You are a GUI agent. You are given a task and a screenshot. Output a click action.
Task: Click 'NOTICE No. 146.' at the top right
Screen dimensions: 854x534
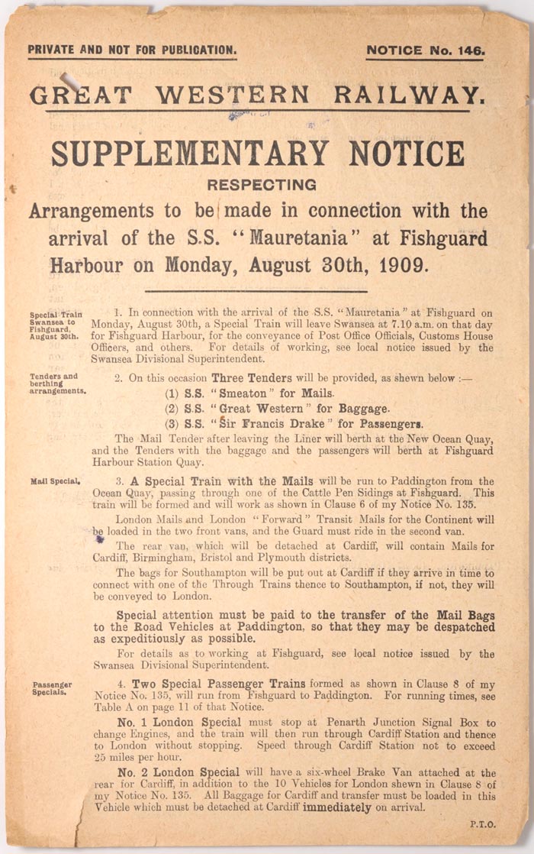[425, 50]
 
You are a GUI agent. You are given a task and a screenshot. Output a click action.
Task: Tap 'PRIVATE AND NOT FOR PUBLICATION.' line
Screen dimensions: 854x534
[132, 50]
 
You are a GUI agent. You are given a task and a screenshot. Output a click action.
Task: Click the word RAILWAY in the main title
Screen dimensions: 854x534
[407, 95]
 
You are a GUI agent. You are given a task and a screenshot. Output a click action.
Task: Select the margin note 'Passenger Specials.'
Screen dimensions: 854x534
[52, 688]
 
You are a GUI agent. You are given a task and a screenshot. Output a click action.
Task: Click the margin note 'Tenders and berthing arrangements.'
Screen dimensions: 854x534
[58, 383]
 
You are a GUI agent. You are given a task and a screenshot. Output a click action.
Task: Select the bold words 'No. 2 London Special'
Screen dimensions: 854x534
[176, 772]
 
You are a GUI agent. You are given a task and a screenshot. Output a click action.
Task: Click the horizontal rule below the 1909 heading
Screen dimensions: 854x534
[256, 290]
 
